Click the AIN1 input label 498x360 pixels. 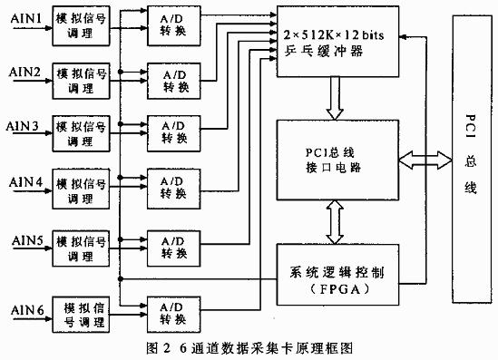(24, 17)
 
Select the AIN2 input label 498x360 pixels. (24, 70)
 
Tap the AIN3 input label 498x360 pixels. (24, 124)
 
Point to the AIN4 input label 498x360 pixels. (24, 181)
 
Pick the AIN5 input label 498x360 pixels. (24, 240)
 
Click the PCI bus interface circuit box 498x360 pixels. (336, 159)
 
